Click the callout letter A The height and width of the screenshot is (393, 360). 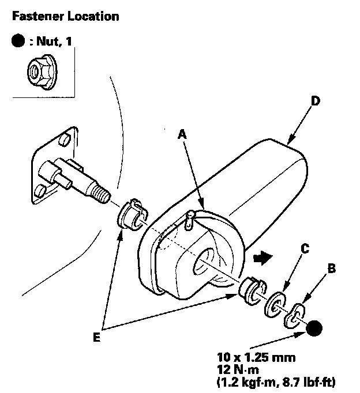183,133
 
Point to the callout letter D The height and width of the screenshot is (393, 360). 314,101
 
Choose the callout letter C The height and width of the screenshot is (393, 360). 305,249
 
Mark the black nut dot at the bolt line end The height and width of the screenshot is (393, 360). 315,330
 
